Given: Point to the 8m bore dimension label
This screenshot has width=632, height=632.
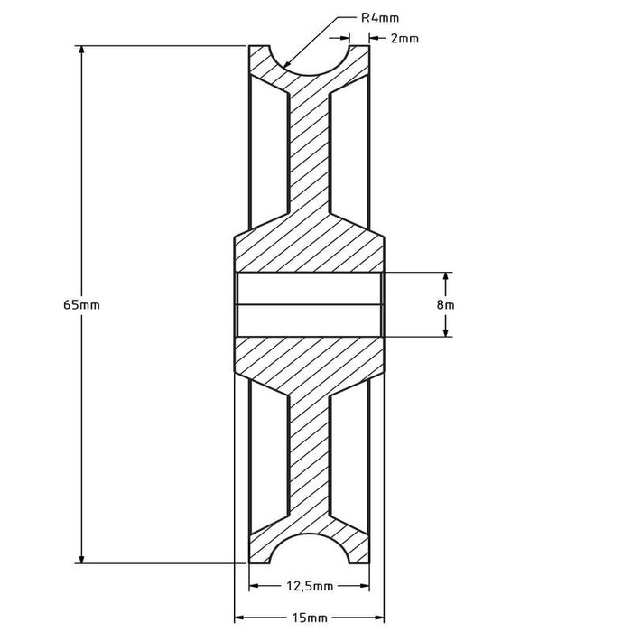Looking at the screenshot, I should coord(445,305).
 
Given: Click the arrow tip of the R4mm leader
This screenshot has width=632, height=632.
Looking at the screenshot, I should coord(284,67).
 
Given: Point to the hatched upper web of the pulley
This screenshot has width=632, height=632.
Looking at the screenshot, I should coord(310,153).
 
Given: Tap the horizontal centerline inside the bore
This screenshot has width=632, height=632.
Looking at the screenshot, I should coord(310,304).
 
